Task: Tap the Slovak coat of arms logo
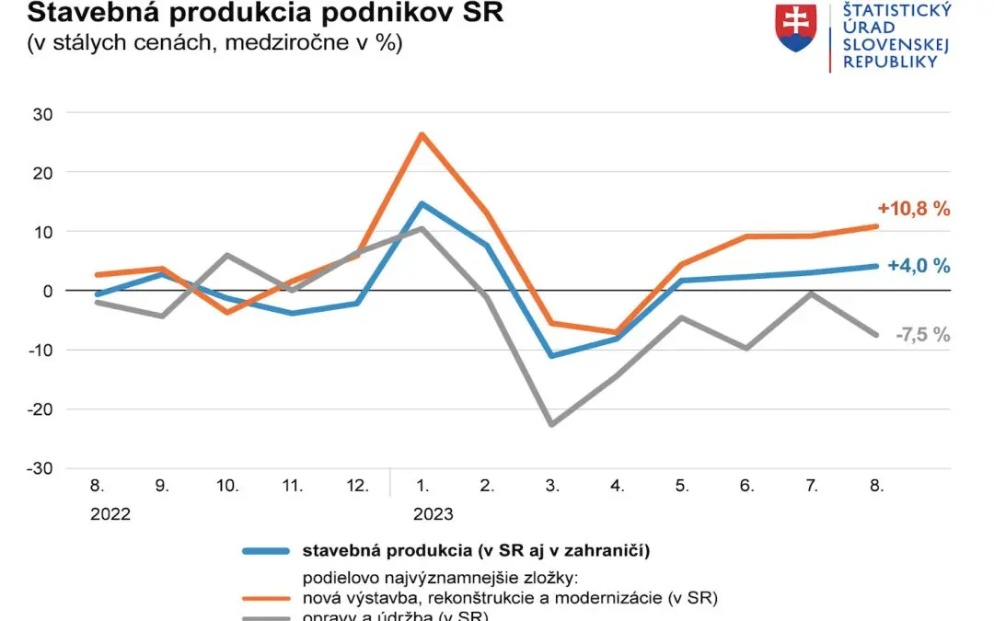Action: click(x=796, y=27)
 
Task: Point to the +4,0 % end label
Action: click(x=919, y=266)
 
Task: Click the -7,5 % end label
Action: click(x=922, y=335)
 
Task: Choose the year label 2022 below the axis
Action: click(x=110, y=513)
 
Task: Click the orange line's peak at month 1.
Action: click(x=422, y=134)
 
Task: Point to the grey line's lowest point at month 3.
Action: click(x=551, y=425)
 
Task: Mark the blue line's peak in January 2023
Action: click(x=422, y=203)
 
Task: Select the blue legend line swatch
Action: click(x=266, y=552)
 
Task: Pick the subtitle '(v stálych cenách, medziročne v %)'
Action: click(x=214, y=43)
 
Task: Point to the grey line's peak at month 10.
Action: click(x=227, y=255)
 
